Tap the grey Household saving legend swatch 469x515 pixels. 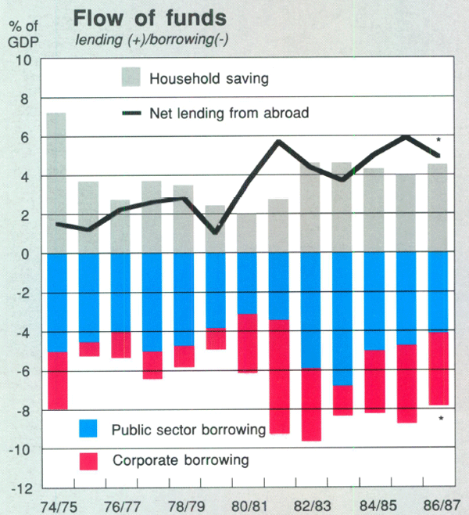pyautogui.click(x=131, y=77)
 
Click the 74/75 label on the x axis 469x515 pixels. pyautogui.click(x=56, y=502)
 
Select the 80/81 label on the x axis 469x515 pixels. pyautogui.click(x=247, y=502)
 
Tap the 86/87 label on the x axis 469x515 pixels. pyautogui.click(x=437, y=502)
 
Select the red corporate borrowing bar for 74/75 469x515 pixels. pyautogui.click(x=56, y=380)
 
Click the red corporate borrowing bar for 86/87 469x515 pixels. pyautogui.click(x=437, y=369)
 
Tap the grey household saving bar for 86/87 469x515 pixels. pyautogui.click(x=437, y=208)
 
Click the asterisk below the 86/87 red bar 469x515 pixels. pyautogui.click(x=442, y=420)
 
